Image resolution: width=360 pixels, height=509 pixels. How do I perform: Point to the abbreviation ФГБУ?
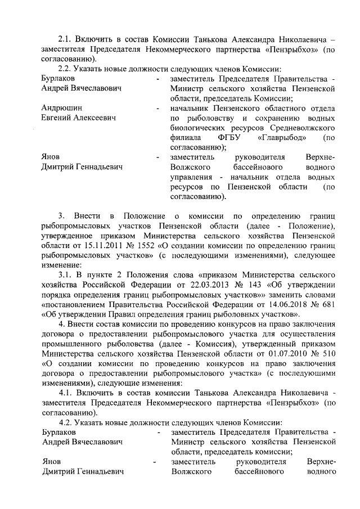[227, 137]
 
